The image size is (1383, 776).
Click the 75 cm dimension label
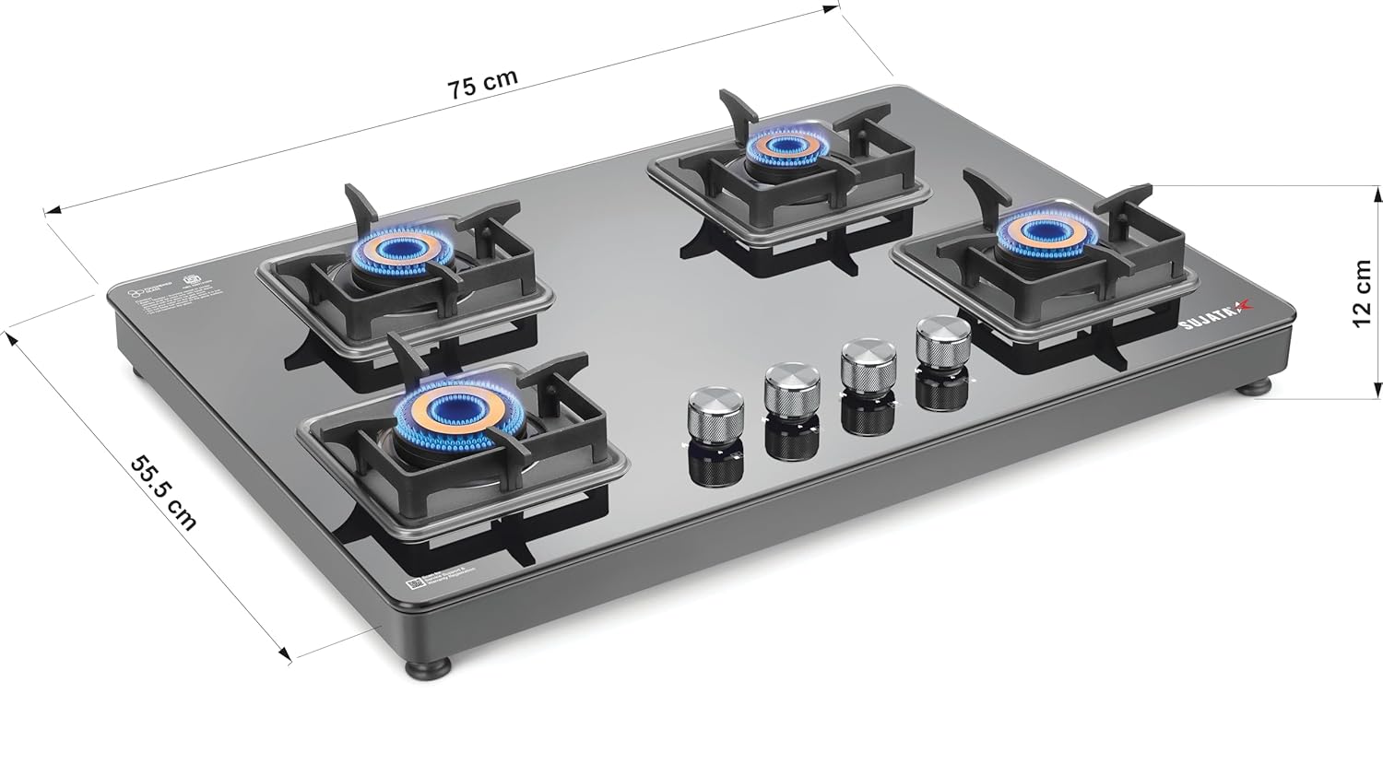pyautogui.click(x=482, y=83)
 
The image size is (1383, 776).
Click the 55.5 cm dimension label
pyautogui.click(x=163, y=492)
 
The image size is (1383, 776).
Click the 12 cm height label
pyautogui.click(x=1361, y=293)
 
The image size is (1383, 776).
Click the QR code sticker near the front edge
pyautogui.click(x=415, y=582)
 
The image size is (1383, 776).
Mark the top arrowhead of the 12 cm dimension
pyautogui.click(x=1378, y=192)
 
